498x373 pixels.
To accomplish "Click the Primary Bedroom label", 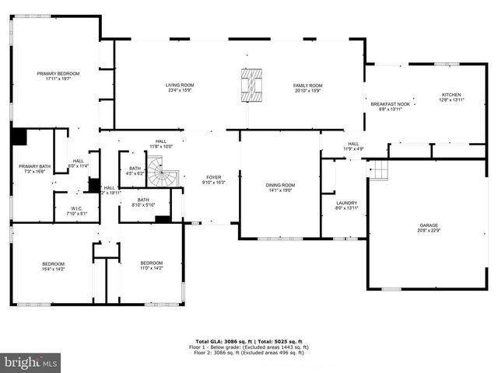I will point(58,75).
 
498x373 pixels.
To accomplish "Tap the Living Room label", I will point(179,87).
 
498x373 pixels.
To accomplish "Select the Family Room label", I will point(307,87).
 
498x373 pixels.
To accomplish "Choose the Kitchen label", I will point(451,96).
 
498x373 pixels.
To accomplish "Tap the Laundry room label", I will point(345,205).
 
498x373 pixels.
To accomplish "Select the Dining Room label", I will point(279,187).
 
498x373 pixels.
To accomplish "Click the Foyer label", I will point(213,180).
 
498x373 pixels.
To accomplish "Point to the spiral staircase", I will point(164,173).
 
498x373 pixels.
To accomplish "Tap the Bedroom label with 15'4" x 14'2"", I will point(54,266).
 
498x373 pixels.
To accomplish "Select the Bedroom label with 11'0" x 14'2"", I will point(152,266).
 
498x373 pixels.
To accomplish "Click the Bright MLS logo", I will point(31,361).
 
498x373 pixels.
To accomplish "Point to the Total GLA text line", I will point(248,342).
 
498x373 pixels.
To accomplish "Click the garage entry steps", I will point(378,169).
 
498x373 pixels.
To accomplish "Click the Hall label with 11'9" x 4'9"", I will point(353,145).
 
